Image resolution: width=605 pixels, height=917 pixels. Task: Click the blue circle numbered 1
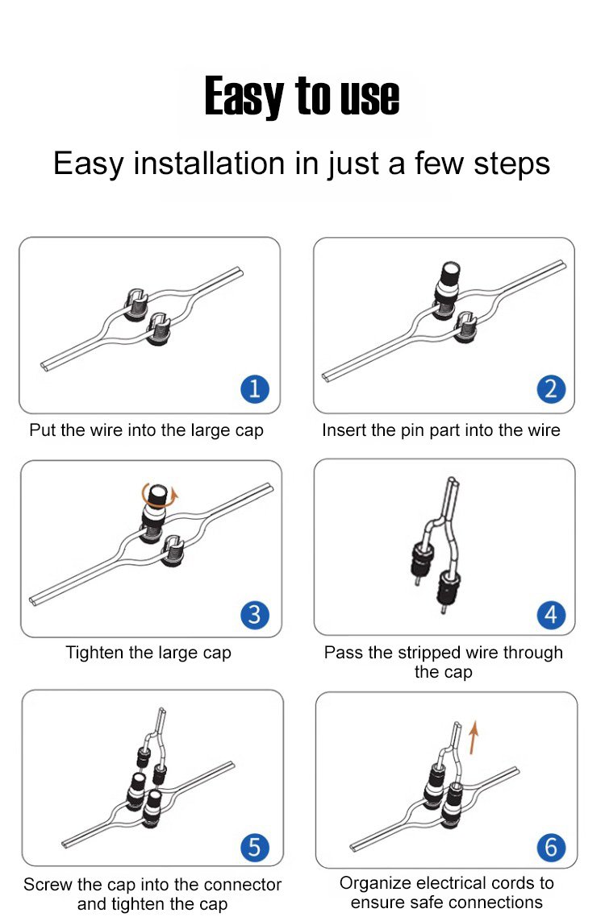coord(255,389)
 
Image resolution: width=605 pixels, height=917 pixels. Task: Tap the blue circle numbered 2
coord(551,389)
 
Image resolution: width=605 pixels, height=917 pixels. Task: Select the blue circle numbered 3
coord(255,615)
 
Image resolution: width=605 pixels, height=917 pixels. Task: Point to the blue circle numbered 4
coord(551,615)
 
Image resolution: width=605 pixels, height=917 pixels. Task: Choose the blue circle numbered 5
coord(255,847)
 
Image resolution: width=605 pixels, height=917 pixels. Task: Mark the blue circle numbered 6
coord(551,847)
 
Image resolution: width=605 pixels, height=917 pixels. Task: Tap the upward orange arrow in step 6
coord(474,737)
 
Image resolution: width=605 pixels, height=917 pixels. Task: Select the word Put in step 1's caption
coord(42,430)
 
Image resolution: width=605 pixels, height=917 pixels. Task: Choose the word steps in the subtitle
coord(512,164)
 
